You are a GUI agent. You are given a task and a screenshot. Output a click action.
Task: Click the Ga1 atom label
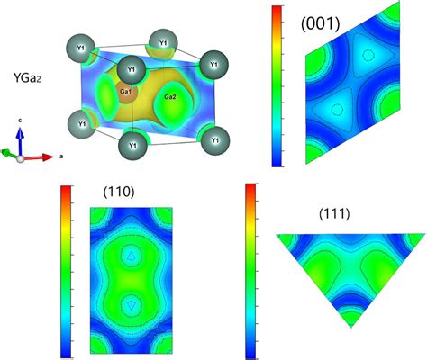pyautogui.click(x=127, y=90)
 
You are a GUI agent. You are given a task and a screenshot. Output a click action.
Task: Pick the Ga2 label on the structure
pyautogui.click(x=169, y=96)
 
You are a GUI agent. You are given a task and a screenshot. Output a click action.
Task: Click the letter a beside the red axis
pyautogui.click(x=60, y=156)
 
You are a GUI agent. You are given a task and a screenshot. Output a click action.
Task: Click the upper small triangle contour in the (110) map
pyautogui.click(x=132, y=256)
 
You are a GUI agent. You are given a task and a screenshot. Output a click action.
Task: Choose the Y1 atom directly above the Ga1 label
pyautogui.click(x=132, y=69)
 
